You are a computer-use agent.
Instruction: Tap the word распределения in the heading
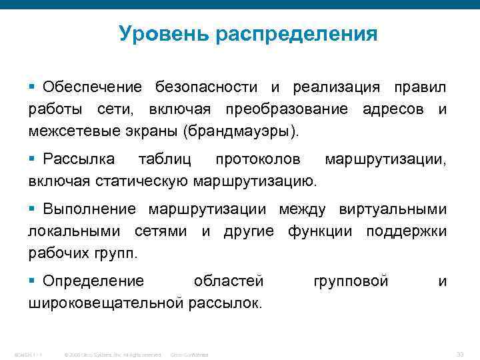[296, 34]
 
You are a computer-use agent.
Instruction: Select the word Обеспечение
[92, 87]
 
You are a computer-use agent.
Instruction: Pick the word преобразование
[286, 109]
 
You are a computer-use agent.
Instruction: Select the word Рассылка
[79, 159]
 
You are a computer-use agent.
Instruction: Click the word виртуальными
[397, 209]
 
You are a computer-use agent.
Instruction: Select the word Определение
[93, 281]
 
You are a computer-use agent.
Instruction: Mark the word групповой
[350, 281]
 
